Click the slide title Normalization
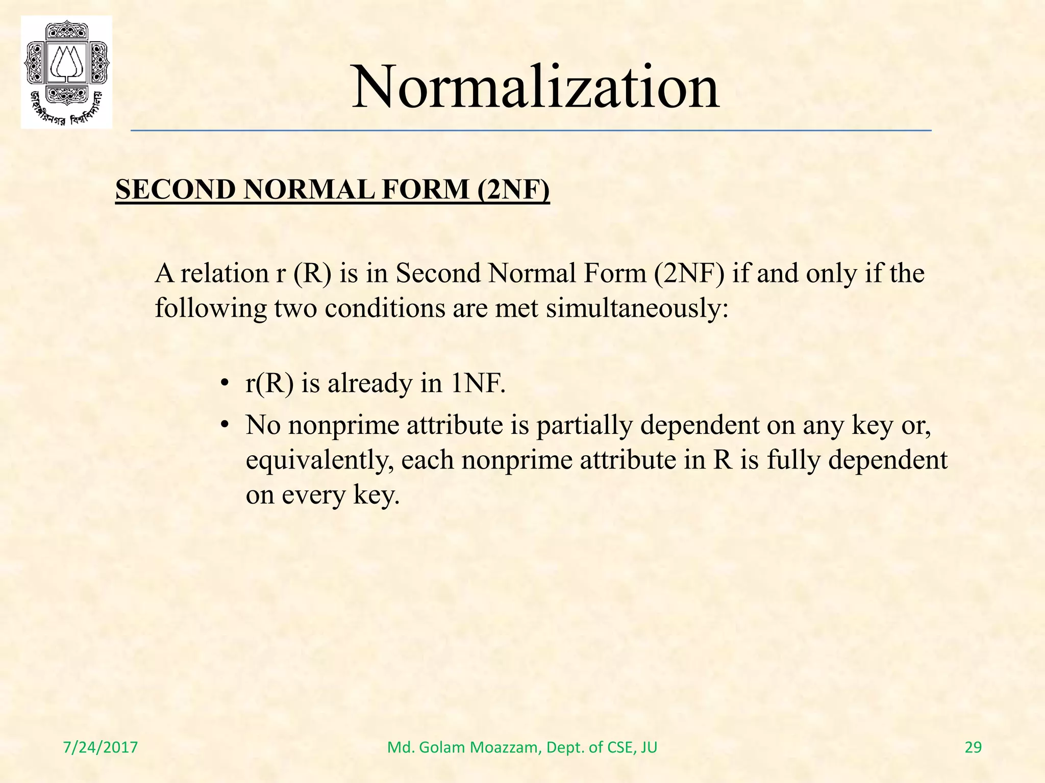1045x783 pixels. coord(535,88)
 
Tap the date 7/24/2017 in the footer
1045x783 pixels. coord(101,747)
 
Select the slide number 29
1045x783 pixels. coord(973,747)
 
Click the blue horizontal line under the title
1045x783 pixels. coord(531,131)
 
